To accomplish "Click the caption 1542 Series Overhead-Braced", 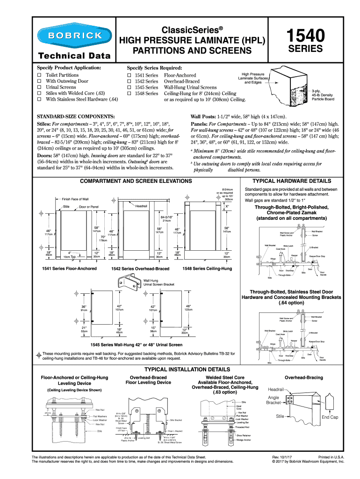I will tap(140, 269).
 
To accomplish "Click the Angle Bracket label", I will tap(273, 400).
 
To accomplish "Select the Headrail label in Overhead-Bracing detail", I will tap(276, 389).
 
